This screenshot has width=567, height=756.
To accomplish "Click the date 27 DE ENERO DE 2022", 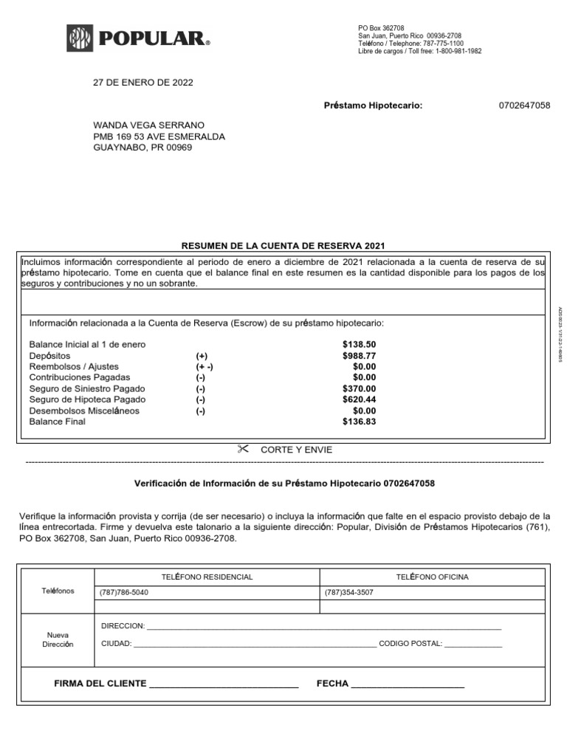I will click(142, 83).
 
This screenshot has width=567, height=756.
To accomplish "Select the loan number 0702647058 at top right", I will click(524, 106).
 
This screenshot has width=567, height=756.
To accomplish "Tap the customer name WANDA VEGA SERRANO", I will click(148, 125).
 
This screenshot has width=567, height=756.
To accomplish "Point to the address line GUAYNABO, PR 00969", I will click(142, 148).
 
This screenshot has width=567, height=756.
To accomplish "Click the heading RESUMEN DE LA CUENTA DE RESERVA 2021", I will click(283, 246).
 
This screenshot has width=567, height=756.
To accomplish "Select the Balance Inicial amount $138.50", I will click(359, 345).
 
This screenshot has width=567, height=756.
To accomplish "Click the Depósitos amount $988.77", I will click(359, 356).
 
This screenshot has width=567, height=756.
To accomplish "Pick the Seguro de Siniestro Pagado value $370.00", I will click(359, 388).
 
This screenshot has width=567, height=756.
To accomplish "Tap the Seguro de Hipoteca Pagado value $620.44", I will click(359, 399).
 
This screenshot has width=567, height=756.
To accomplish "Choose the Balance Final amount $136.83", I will click(359, 422).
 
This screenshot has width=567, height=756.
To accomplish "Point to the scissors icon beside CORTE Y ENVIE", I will click(244, 449).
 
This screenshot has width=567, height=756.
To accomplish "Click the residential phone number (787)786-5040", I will click(123, 592).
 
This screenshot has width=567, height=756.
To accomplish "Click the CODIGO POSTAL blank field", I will click(473, 644).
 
